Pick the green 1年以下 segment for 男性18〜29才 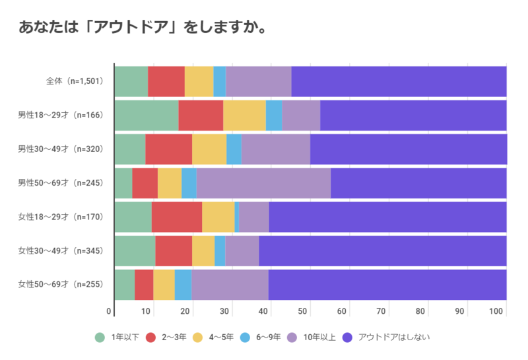[x=146, y=115]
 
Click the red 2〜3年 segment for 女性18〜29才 [x=176, y=217]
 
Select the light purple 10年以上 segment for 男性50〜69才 [x=263, y=183]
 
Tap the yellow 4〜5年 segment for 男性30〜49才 [x=209, y=149]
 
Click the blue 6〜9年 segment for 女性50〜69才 [x=183, y=285]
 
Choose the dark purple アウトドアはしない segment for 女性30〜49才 [x=382, y=250]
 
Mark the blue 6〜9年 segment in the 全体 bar [x=219, y=81]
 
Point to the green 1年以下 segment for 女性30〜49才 [x=135, y=250]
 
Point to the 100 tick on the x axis [x=498, y=310]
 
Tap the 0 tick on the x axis [x=110, y=310]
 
